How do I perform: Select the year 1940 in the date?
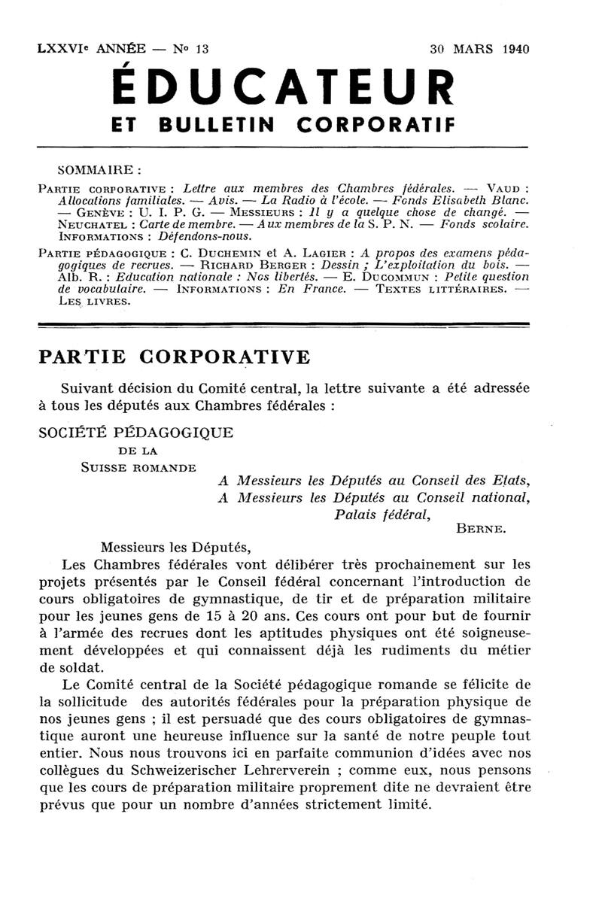(514, 50)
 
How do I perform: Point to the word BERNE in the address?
(481, 529)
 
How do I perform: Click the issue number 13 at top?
(201, 50)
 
